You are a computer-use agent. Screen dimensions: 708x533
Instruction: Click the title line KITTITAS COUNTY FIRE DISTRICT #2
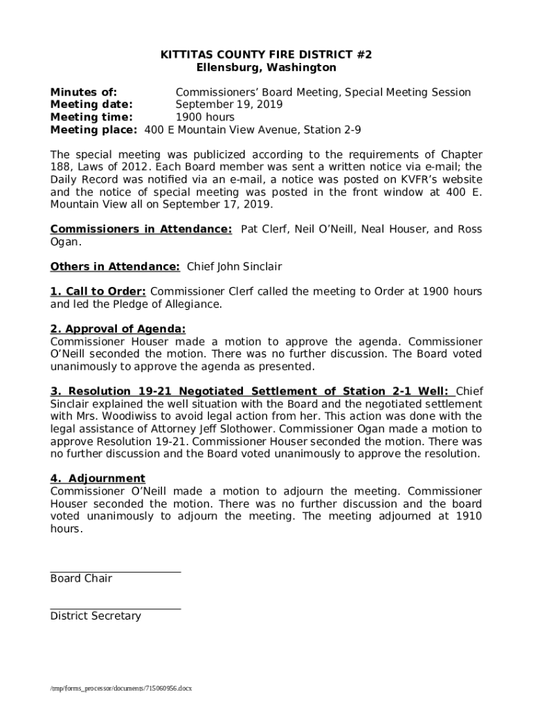coord(266,55)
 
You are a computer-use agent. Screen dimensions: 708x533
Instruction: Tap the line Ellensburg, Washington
coord(266,68)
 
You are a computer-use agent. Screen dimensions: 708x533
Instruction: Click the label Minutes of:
coord(83,93)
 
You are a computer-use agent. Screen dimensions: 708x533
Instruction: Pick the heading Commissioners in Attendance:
coord(141,230)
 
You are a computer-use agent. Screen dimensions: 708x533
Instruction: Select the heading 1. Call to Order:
coord(98,292)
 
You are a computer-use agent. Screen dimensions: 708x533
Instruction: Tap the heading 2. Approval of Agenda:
coord(118,329)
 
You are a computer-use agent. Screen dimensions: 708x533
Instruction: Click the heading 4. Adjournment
coord(98,478)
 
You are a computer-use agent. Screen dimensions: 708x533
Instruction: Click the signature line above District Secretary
coord(116,609)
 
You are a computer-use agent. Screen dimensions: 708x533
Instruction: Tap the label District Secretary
coord(96,616)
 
